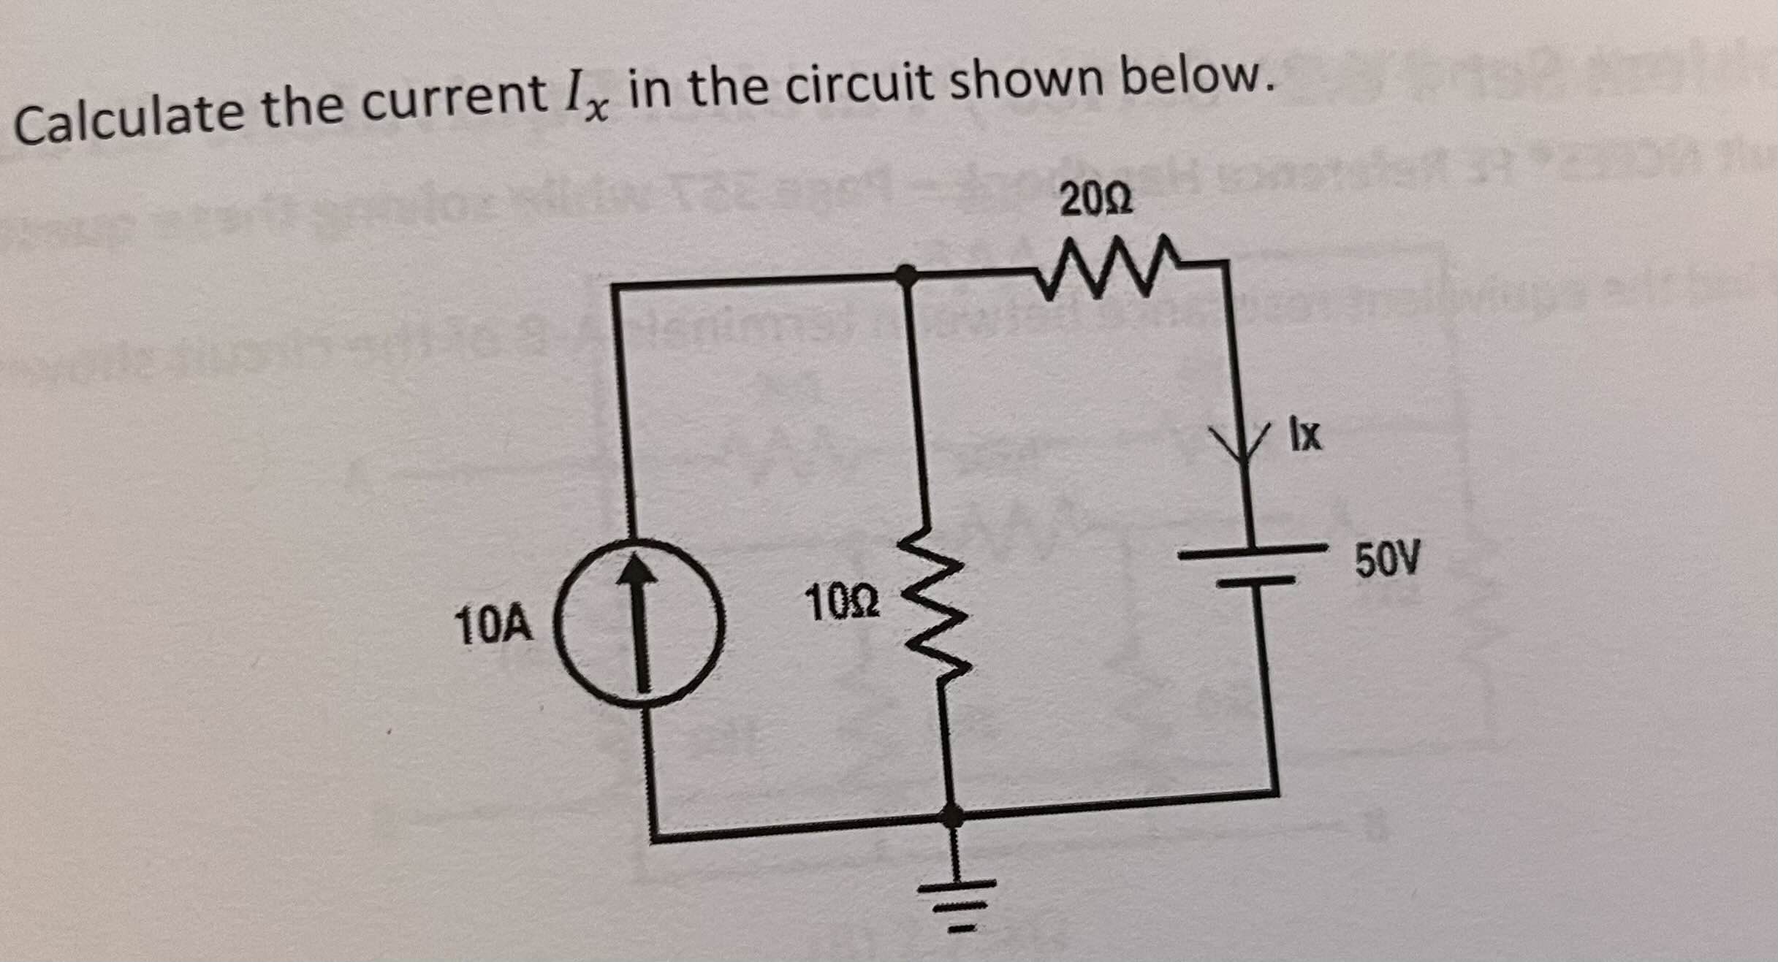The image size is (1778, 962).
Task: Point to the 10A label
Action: click(493, 626)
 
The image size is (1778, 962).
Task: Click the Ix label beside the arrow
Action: click(1305, 435)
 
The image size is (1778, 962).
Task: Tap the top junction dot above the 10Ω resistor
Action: click(907, 275)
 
